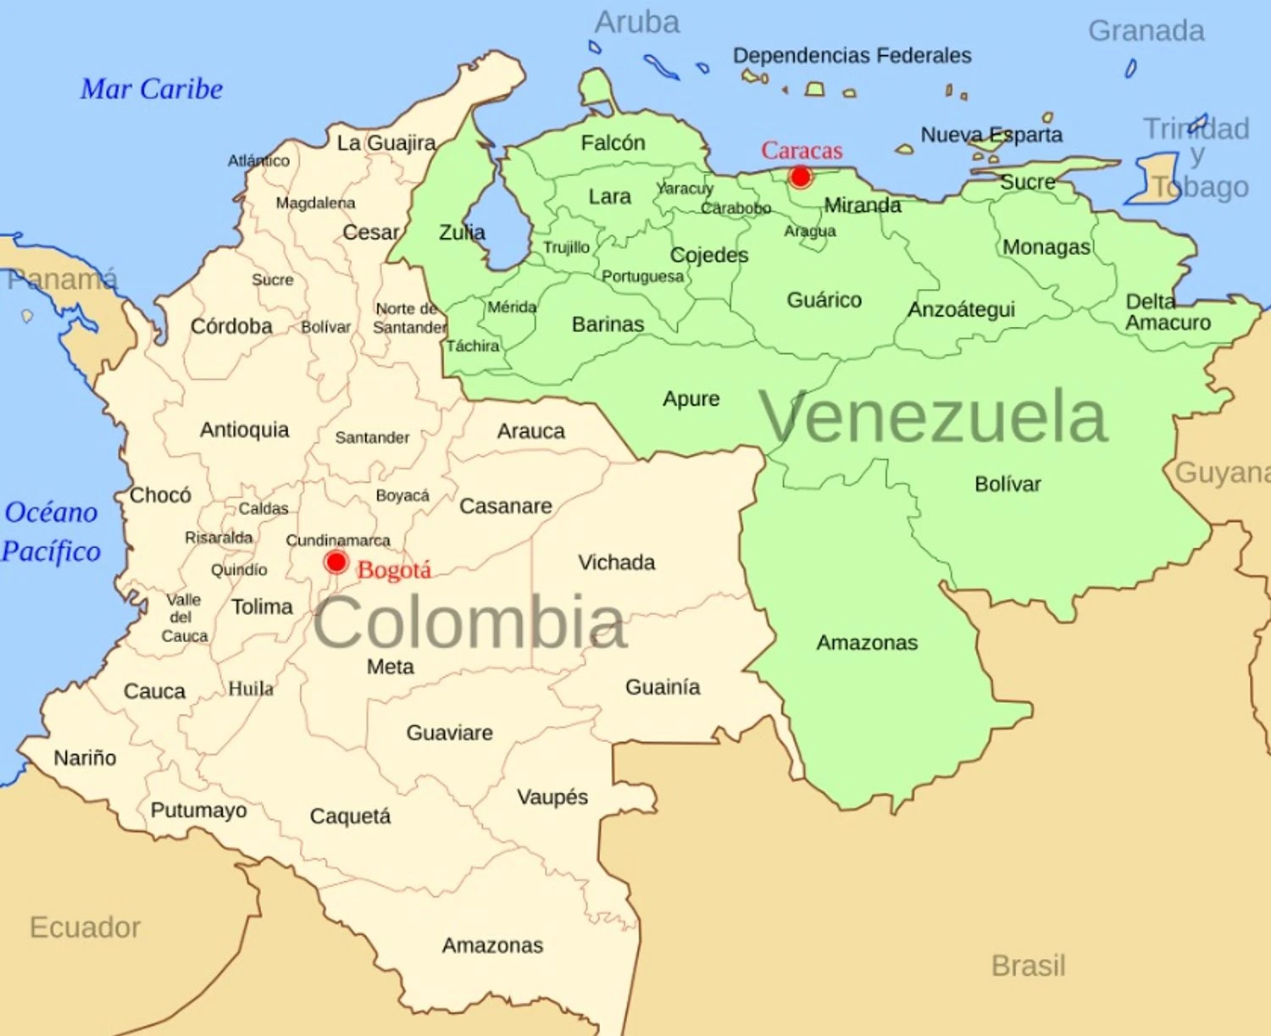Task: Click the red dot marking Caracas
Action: pyautogui.click(x=800, y=176)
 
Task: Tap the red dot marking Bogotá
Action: pyautogui.click(x=336, y=562)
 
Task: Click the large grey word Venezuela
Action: pyautogui.click(x=933, y=417)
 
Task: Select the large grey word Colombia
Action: pyautogui.click(x=470, y=623)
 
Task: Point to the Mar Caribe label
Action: pyautogui.click(x=152, y=89)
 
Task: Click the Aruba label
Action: pyautogui.click(x=637, y=23)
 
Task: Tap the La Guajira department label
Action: pyautogui.click(x=386, y=142)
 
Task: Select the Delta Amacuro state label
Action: pyautogui.click(x=1167, y=312)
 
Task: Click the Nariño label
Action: pyautogui.click(x=85, y=757)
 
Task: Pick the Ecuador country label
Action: pyautogui.click(x=85, y=927)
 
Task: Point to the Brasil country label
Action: pyautogui.click(x=1028, y=965)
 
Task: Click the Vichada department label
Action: pyautogui.click(x=616, y=562)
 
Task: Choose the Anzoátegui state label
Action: pyautogui.click(x=961, y=309)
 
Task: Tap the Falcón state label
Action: pyautogui.click(x=613, y=142)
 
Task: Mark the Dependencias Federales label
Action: pyautogui.click(x=852, y=56)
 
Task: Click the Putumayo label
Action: pyautogui.click(x=198, y=810)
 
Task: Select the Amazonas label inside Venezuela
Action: pyautogui.click(x=867, y=642)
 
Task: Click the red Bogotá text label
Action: pyautogui.click(x=394, y=570)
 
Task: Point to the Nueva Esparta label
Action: pyautogui.click(x=991, y=135)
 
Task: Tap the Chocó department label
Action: pyautogui.click(x=160, y=495)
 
